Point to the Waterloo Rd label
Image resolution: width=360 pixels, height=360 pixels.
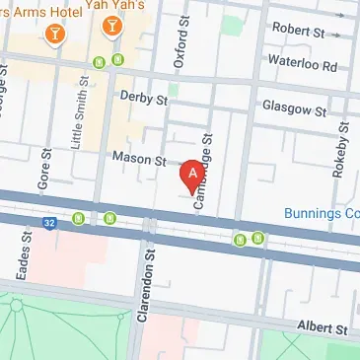coord(303,66)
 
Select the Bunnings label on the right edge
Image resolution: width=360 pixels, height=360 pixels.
coord(321,213)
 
